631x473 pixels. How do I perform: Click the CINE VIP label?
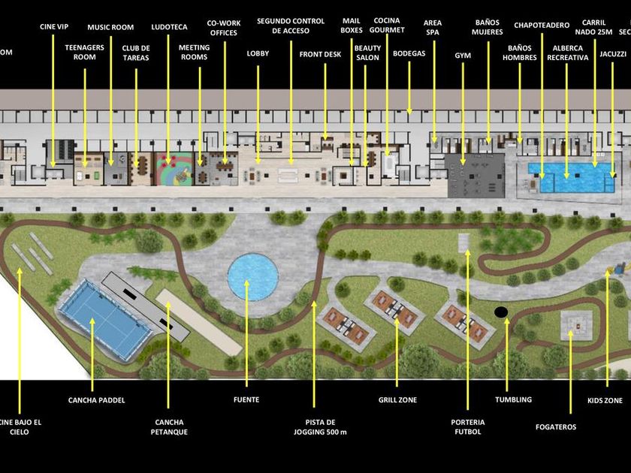point(53,27)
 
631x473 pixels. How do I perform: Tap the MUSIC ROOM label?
point(110,28)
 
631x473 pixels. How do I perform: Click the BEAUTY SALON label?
point(367,53)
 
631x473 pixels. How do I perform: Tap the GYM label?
point(463,56)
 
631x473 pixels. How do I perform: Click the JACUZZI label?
point(613,55)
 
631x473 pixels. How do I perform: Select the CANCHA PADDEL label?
point(96,400)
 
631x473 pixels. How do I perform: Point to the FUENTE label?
point(246,400)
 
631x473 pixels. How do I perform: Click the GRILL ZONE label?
point(397,400)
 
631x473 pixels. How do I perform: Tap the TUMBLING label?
point(513,400)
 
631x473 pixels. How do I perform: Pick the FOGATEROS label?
point(556,427)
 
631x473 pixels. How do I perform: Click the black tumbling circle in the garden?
point(501,312)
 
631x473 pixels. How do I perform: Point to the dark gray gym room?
point(475,175)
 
